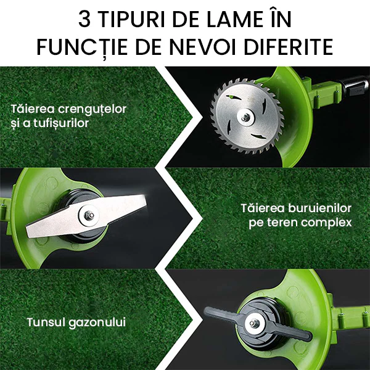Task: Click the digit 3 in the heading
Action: coord(84,19)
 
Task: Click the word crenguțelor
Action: coord(92,110)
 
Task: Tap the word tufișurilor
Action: coord(61,123)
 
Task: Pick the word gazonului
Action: coord(97,323)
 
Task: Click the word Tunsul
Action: coord(46,322)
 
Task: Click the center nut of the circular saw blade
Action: coord(246,117)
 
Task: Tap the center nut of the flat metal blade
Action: coord(89,215)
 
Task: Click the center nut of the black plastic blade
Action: coord(254,323)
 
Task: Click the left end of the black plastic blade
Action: coord(206,311)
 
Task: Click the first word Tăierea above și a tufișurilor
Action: coord(33,109)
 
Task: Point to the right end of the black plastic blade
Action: coord(310,336)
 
